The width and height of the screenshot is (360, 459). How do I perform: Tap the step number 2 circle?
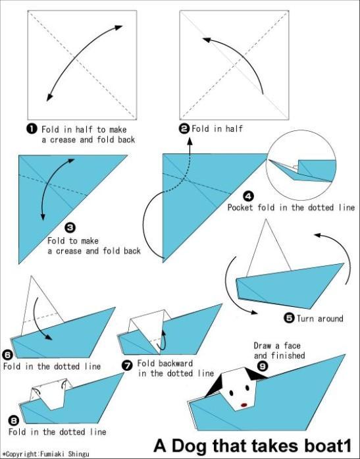(185, 128)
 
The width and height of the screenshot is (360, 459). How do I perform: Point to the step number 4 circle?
(248, 196)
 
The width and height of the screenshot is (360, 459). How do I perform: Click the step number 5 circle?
(288, 318)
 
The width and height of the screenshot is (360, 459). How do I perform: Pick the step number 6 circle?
(7, 354)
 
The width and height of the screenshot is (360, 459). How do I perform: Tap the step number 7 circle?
(128, 364)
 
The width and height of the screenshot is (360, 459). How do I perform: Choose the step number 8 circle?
(13, 420)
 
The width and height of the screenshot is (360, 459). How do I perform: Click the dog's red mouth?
(245, 404)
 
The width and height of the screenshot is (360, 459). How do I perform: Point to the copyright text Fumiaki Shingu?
(60, 454)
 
